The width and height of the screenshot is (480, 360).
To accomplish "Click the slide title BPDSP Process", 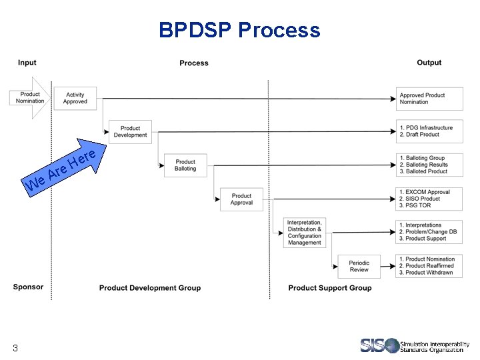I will pos(239,30).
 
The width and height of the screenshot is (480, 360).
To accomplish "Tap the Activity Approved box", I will pos(75,99).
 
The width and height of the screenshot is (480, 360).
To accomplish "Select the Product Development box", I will pos(130,131).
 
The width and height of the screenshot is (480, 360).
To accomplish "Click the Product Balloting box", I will pos(185,165).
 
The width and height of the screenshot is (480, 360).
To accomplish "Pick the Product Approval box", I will pos(241,199).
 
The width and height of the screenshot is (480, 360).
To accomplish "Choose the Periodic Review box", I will pos(359,266).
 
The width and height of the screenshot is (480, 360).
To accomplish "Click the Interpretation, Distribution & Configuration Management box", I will pos(305,232).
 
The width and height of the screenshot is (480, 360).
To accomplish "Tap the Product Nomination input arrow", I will pos(30,97).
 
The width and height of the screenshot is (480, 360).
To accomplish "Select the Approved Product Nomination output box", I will pos(429,99).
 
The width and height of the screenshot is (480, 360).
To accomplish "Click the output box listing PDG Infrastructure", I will pos(429,131).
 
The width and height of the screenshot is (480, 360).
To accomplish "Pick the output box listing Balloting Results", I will pos(429,165).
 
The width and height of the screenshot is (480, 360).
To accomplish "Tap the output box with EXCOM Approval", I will pos(429,199).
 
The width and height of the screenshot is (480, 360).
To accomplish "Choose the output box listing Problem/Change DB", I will pos(429,232).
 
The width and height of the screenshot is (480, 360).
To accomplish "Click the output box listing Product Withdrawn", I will pos(429,266).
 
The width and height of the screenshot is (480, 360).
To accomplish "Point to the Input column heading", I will pos(27,63).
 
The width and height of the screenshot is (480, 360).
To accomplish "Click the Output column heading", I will pos(429,63).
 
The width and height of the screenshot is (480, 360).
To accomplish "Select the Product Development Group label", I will pos(150,288).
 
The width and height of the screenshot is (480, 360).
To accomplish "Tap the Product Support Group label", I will pos(330,288).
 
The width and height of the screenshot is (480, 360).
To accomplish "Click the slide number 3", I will pos(15,348).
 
